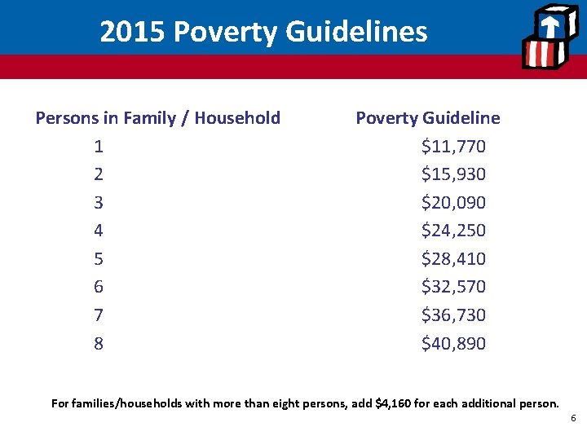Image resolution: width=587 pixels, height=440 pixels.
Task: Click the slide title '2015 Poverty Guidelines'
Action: [x=263, y=32]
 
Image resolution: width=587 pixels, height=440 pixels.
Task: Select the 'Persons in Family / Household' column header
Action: [x=157, y=118]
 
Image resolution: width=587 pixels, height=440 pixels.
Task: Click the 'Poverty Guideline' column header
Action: [x=428, y=118]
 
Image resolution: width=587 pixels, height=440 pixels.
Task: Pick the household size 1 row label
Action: [x=99, y=147]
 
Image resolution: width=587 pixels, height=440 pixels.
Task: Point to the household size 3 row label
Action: [x=99, y=203]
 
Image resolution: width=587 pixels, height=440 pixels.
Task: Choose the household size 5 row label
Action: [x=99, y=259]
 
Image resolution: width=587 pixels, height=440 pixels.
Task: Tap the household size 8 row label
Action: [x=99, y=344]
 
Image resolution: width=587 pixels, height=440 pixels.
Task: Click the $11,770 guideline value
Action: [x=453, y=147]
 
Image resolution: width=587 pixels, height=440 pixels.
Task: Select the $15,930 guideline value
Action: [x=453, y=174]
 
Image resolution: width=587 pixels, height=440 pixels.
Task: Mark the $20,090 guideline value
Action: [x=453, y=203]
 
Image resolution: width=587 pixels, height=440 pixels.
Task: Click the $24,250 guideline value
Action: [x=453, y=231]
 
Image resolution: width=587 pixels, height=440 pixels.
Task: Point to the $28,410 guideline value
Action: [x=453, y=259]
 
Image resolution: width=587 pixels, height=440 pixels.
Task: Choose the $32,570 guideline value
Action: [x=453, y=287]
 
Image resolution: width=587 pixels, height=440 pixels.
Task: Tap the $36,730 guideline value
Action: [x=453, y=315]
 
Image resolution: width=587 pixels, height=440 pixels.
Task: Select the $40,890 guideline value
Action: [x=453, y=344]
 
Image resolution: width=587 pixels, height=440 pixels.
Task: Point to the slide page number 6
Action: [x=573, y=418]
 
